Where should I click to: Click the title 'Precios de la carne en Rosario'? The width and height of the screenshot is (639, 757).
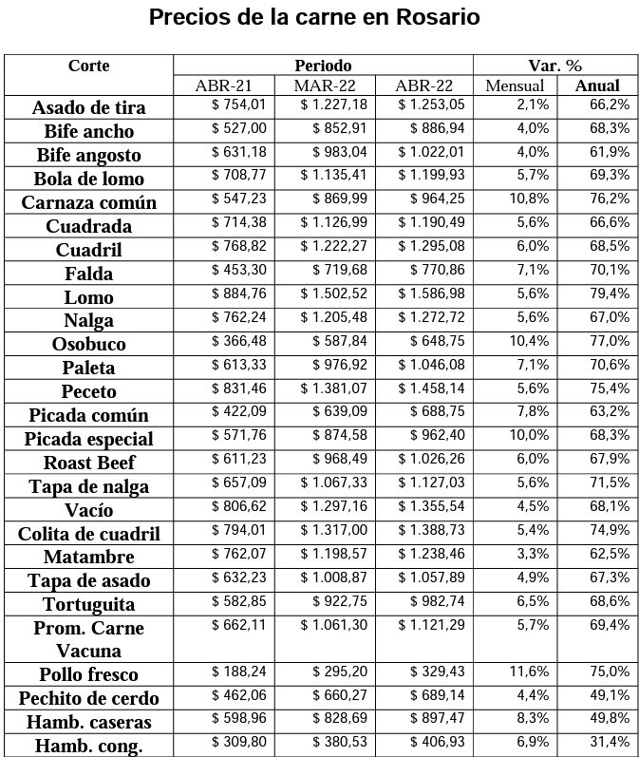pyautogui.click(x=314, y=18)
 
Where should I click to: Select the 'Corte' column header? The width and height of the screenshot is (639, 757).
pyautogui.click(x=88, y=66)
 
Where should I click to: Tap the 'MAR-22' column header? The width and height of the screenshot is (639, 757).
pyautogui.click(x=324, y=85)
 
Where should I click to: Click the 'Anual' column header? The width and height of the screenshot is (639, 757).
pyautogui.click(x=597, y=85)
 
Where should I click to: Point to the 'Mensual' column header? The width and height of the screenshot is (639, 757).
pyautogui.click(x=515, y=85)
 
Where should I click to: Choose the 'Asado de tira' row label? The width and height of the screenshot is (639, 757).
pyautogui.click(x=88, y=107)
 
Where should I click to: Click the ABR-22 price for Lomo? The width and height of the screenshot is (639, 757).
pyautogui.click(x=431, y=293)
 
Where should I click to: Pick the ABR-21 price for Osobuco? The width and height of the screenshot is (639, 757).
pyautogui.click(x=239, y=340)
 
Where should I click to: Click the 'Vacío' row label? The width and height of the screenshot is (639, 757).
pyautogui.click(x=88, y=510)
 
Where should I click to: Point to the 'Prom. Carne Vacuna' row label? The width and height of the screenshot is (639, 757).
pyautogui.click(x=88, y=639)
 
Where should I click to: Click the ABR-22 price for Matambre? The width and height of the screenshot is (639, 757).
pyautogui.click(x=431, y=553)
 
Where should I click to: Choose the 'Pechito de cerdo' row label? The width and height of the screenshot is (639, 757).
pyautogui.click(x=88, y=698)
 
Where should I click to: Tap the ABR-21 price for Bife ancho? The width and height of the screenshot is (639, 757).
pyautogui.click(x=239, y=127)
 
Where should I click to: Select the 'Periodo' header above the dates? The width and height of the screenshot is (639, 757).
pyautogui.click(x=323, y=66)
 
